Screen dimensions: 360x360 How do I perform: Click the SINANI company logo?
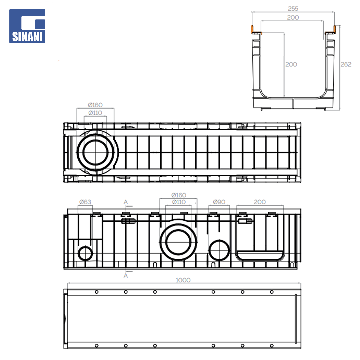pos(27,26)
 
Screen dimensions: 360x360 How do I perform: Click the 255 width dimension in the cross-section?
pos(293,8)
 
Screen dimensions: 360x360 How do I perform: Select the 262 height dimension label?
pos(346,64)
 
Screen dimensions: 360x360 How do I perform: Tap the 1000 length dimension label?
pos(183,280)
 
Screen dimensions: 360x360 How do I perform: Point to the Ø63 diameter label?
pos(85,202)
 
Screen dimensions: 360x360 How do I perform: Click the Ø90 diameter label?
pos(219,202)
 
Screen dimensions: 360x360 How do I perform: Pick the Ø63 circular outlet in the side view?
pos(85,253)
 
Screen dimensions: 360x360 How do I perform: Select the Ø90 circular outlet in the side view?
pos(219,250)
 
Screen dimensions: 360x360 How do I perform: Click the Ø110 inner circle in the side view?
pos(178,242)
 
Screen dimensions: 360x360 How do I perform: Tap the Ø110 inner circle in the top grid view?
pos(95,152)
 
